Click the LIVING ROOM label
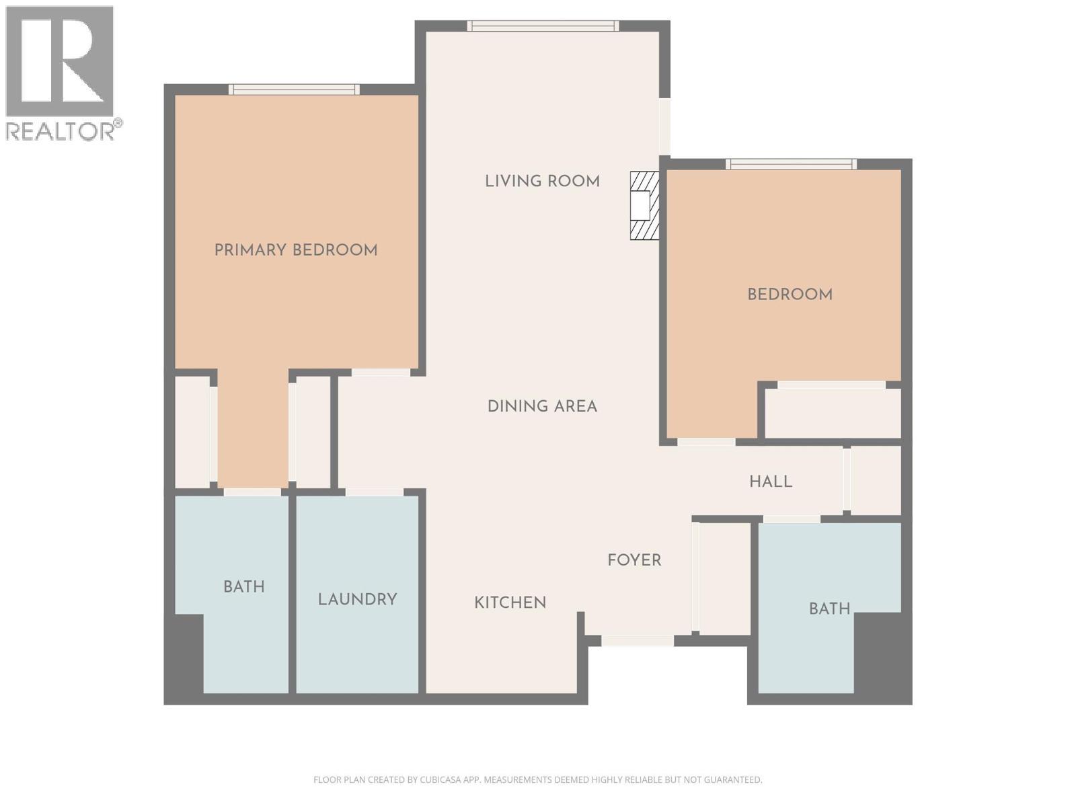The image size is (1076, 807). click(542, 182)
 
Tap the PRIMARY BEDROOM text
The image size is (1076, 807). click(296, 250)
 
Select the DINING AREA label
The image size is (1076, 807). click(542, 406)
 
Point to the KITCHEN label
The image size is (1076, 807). click(510, 603)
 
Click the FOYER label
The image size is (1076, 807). click(634, 560)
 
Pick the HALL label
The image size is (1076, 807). click(771, 482)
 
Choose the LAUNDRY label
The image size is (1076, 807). click(357, 599)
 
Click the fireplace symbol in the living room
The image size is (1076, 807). click(644, 205)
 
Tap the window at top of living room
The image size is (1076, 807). click(543, 26)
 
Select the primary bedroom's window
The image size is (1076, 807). click(294, 89)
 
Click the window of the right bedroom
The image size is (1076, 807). click(791, 163)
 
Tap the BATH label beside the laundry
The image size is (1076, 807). click(244, 587)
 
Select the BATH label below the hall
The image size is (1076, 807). click(829, 609)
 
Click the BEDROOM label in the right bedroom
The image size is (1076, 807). click(790, 295)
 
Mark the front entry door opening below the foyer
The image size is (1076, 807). click(638, 640)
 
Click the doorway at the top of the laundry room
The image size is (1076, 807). click(375, 492)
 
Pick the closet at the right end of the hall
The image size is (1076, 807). click(876, 480)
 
